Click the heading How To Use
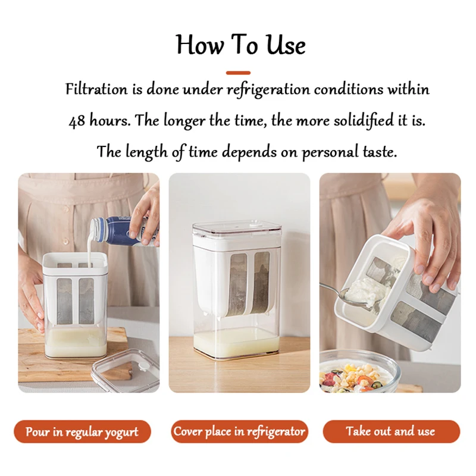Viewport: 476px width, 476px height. point(240,45)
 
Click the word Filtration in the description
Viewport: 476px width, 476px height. point(96,90)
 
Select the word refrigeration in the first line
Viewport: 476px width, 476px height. point(268,90)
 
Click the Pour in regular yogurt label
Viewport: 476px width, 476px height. point(82,431)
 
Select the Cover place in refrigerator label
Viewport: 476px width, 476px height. point(239,431)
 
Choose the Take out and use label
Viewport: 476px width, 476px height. point(391,431)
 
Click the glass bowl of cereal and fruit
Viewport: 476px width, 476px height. point(357,375)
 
